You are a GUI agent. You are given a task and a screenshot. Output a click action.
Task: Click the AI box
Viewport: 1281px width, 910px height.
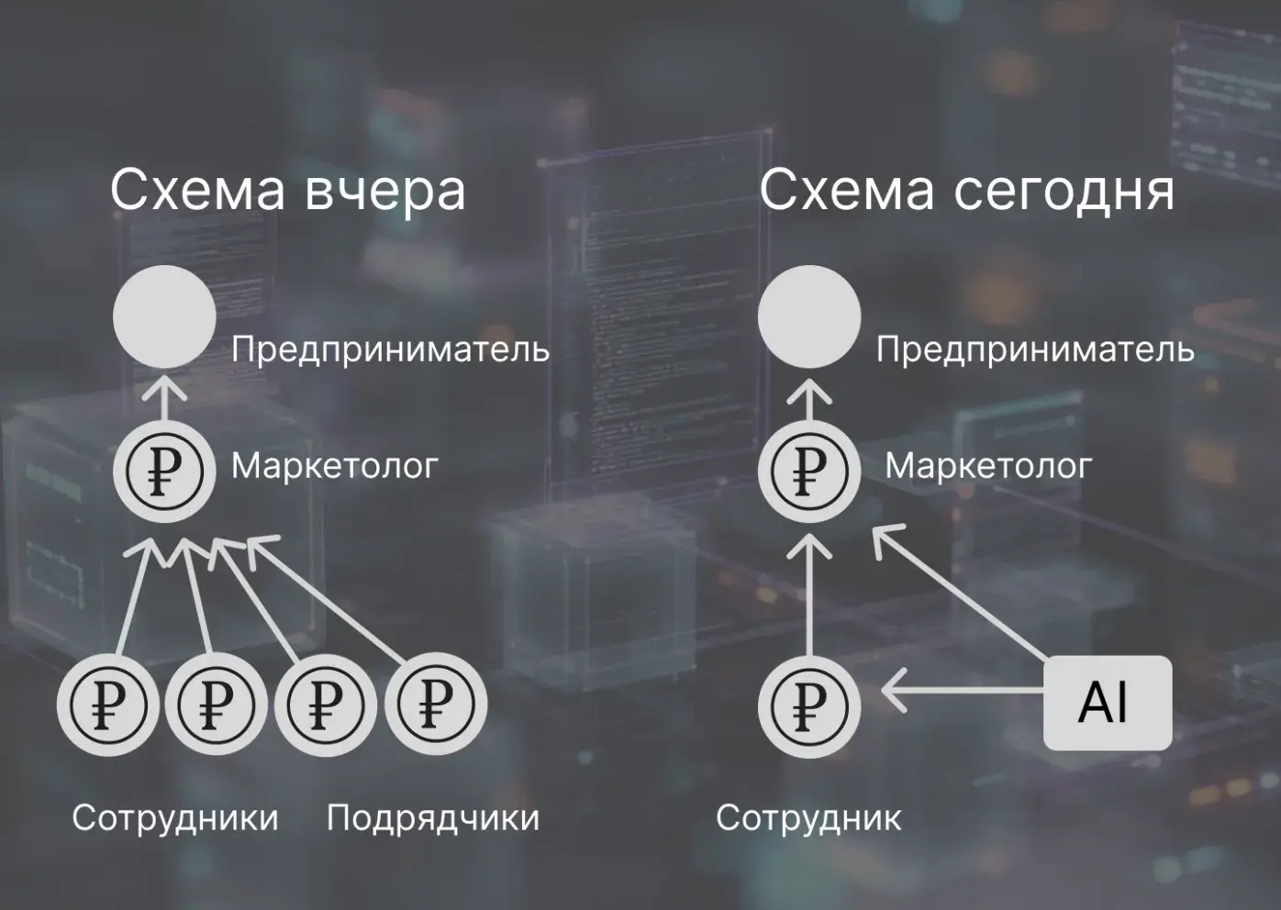click(1107, 703)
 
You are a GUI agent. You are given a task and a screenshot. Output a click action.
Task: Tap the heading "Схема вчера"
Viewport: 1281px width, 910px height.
click(287, 191)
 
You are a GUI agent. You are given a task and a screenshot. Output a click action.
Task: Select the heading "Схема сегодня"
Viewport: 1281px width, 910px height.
click(966, 191)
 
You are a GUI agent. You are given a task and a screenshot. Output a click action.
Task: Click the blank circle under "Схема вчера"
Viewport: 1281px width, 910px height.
click(164, 316)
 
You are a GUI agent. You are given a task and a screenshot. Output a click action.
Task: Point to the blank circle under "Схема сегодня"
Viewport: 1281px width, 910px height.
click(809, 316)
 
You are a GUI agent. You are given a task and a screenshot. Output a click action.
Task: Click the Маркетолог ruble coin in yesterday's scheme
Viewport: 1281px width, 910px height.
click(164, 470)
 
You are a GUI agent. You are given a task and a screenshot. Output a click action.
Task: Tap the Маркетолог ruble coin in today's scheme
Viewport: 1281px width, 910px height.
click(809, 470)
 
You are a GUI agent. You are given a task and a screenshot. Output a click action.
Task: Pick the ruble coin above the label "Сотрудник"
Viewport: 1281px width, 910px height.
click(809, 705)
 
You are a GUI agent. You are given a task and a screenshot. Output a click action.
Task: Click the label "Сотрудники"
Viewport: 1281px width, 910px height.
click(175, 817)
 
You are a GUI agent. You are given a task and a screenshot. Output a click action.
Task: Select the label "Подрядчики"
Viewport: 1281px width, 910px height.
click(433, 817)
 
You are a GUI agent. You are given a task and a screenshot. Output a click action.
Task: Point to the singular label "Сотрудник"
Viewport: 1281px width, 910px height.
click(808, 817)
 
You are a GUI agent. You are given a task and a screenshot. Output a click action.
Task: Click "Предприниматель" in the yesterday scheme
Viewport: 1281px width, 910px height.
click(390, 350)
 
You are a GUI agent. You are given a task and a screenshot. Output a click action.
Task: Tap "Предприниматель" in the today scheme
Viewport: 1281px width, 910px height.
click(1035, 350)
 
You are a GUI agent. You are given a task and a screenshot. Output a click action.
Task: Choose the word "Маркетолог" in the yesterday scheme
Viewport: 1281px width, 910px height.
click(335, 466)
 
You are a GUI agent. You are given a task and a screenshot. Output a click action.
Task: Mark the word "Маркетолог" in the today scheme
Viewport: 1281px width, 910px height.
click(988, 466)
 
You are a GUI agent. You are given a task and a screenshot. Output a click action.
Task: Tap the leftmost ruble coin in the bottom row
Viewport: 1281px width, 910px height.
click(108, 705)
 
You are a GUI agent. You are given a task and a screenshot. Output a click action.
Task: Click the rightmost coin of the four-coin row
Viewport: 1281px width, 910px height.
click(435, 705)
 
